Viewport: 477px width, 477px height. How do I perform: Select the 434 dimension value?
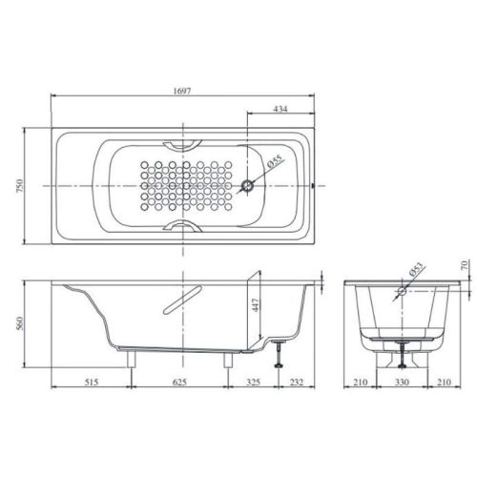[280, 109]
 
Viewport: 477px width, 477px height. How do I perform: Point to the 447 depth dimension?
[255, 306]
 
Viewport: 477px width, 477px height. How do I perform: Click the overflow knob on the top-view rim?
[315, 185]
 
